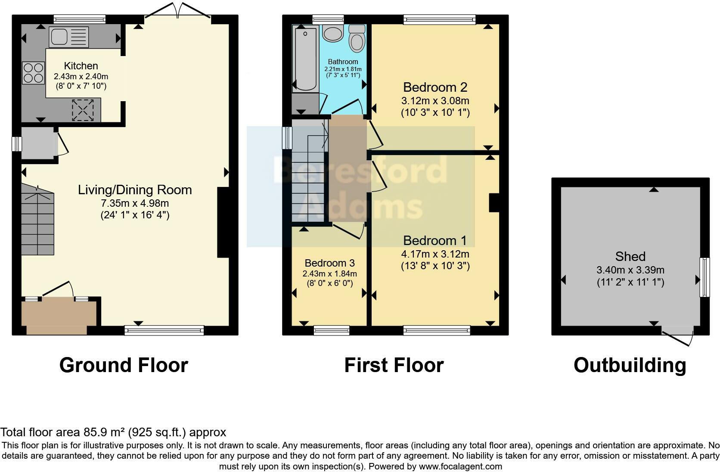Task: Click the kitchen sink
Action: tap(68, 37)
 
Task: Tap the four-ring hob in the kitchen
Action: tap(33, 73)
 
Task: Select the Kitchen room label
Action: tap(81, 66)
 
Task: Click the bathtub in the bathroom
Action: tap(305, 58)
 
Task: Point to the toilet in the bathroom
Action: tap(357, 39)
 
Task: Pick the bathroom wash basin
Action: tap(332, 33)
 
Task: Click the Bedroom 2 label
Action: tap(435, 87)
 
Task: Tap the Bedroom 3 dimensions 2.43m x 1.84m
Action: tap(329, 273)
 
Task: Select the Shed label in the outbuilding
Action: tap(630, 257)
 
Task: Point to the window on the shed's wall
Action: tap(704, 277)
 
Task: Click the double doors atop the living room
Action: tap(178, 12)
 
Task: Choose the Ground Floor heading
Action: tap(124, 365)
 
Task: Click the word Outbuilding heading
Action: tap(630, 365)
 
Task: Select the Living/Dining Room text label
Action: tap(135, 190)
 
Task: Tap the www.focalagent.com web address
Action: tap(460, 466)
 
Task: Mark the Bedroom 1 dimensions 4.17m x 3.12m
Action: tap(435, 254)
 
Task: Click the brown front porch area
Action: tap(59, 314)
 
